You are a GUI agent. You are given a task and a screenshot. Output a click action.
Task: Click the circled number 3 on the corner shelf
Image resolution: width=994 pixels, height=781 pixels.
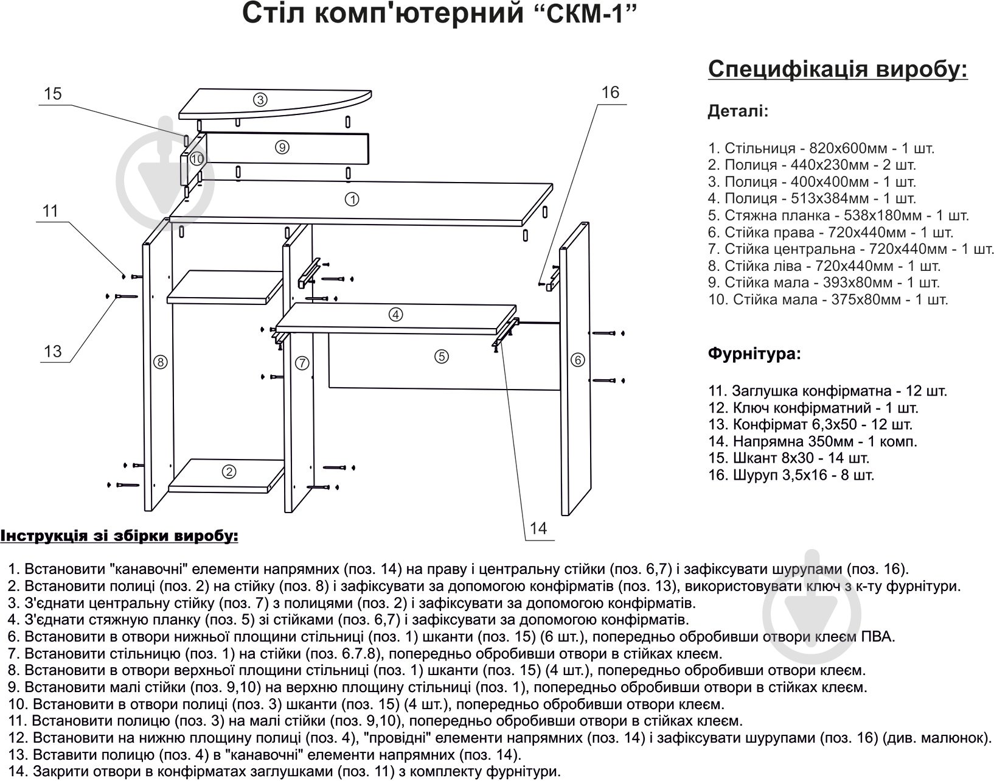click(x=260, y=100)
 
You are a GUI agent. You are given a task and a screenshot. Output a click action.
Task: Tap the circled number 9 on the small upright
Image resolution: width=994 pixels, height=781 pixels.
click(x=281, y=147)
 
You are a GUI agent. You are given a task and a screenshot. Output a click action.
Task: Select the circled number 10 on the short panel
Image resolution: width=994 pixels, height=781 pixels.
click(x=196, y=159)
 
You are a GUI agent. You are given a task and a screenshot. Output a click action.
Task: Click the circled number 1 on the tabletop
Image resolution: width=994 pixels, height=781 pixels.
click(x=351, y=199)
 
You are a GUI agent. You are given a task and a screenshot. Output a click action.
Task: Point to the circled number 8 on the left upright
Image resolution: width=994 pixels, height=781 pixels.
click(x=160, y=362)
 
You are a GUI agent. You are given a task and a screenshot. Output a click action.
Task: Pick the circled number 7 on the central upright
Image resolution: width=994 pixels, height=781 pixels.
click(x=302, y=363)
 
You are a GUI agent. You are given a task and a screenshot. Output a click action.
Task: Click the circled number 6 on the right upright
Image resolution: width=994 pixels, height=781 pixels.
click(x=578, y=360)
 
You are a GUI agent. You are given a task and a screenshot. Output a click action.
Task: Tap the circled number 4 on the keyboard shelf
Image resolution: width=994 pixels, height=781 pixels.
click(x=395, y=315)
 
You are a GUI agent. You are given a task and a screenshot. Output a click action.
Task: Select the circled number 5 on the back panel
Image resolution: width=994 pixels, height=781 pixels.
click(x=442, y=357)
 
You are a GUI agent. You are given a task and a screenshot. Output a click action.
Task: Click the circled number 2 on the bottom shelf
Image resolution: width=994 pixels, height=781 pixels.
click(x=229, y=471)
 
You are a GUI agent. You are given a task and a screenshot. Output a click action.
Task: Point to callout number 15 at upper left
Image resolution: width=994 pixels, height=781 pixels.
click(x=53, y=94)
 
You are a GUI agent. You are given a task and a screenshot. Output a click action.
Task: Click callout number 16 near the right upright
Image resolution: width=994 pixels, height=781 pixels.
click(x=610, y=93)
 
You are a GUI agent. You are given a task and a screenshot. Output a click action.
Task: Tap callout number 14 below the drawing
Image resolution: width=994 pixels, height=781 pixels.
click(x=538, y=528)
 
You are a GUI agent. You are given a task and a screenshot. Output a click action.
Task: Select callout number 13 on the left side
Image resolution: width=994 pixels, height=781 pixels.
click(x=53, y=351)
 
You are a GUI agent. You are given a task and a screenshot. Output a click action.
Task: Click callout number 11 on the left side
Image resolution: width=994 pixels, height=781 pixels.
click(x=50, y=211)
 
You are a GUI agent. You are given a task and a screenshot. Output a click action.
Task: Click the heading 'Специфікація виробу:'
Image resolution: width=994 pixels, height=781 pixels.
click(x=838, y=69)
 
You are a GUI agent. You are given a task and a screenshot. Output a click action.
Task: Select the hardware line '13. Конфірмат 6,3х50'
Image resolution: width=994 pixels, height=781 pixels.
click(x=810, y=424)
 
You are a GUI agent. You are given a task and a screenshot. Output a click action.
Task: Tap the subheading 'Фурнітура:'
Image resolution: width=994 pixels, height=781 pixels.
click(x=754, y=354)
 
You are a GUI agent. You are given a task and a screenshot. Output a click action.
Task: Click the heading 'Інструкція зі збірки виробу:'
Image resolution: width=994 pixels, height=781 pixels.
click(x=119, y=536)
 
